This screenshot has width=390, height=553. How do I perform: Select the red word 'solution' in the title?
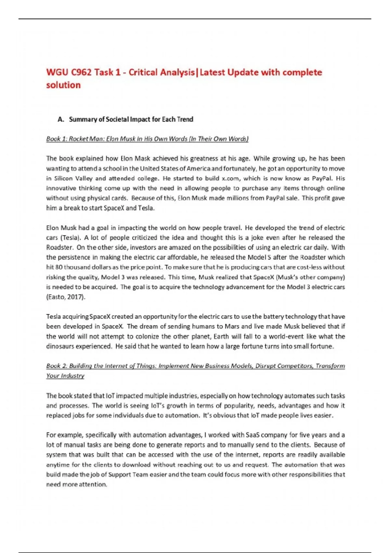tap(63, 85)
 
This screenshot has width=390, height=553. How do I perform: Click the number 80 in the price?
tap(59, 267)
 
